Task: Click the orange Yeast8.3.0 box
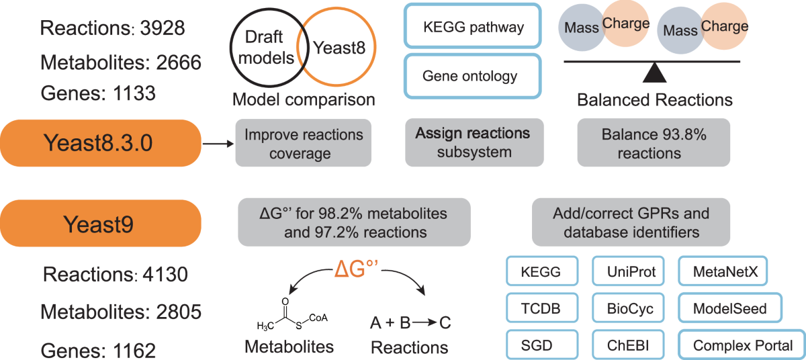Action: (x=101, y=143)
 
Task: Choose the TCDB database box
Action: (x=541, y=310)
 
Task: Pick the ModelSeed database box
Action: (x=730, y=310)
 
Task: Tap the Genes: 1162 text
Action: (x=99, y=350)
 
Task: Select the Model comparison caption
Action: (x=303, y=101)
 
